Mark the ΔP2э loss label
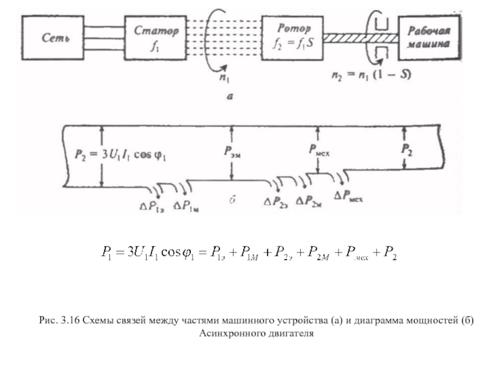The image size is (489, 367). tap(276, 202)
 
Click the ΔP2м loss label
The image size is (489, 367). tap(309, 201)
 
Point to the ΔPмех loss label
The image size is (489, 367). tap(349, 198)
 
